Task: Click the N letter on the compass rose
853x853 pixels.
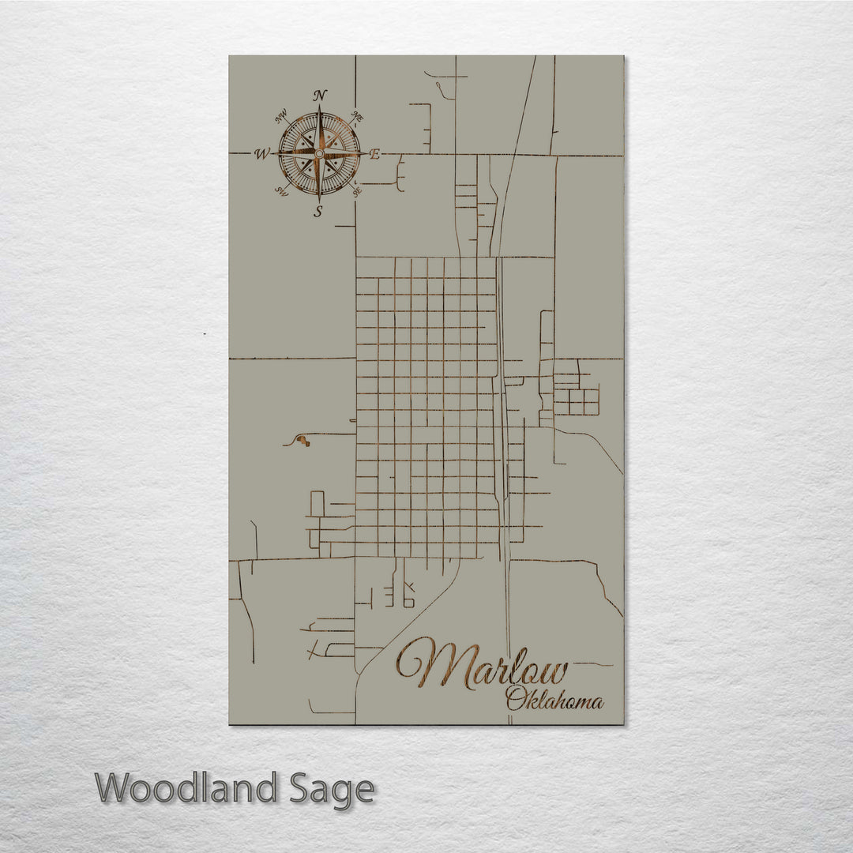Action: point(320,96)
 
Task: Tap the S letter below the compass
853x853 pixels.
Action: point(318,211)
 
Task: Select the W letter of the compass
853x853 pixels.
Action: point(261,154)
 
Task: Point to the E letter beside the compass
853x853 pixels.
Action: point(374,155)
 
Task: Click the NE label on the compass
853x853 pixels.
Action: point(357,118)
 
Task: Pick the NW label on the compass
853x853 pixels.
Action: point(280,118)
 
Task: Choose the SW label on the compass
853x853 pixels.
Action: point(280,190)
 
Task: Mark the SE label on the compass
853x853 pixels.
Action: point(357,190)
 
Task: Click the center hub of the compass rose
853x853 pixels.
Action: point(318,153)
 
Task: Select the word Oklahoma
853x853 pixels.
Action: point(554,700)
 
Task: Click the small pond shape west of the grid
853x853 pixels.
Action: point(304,442)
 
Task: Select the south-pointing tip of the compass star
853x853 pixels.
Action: point(319,197)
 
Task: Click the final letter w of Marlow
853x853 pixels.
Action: point(554,672)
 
